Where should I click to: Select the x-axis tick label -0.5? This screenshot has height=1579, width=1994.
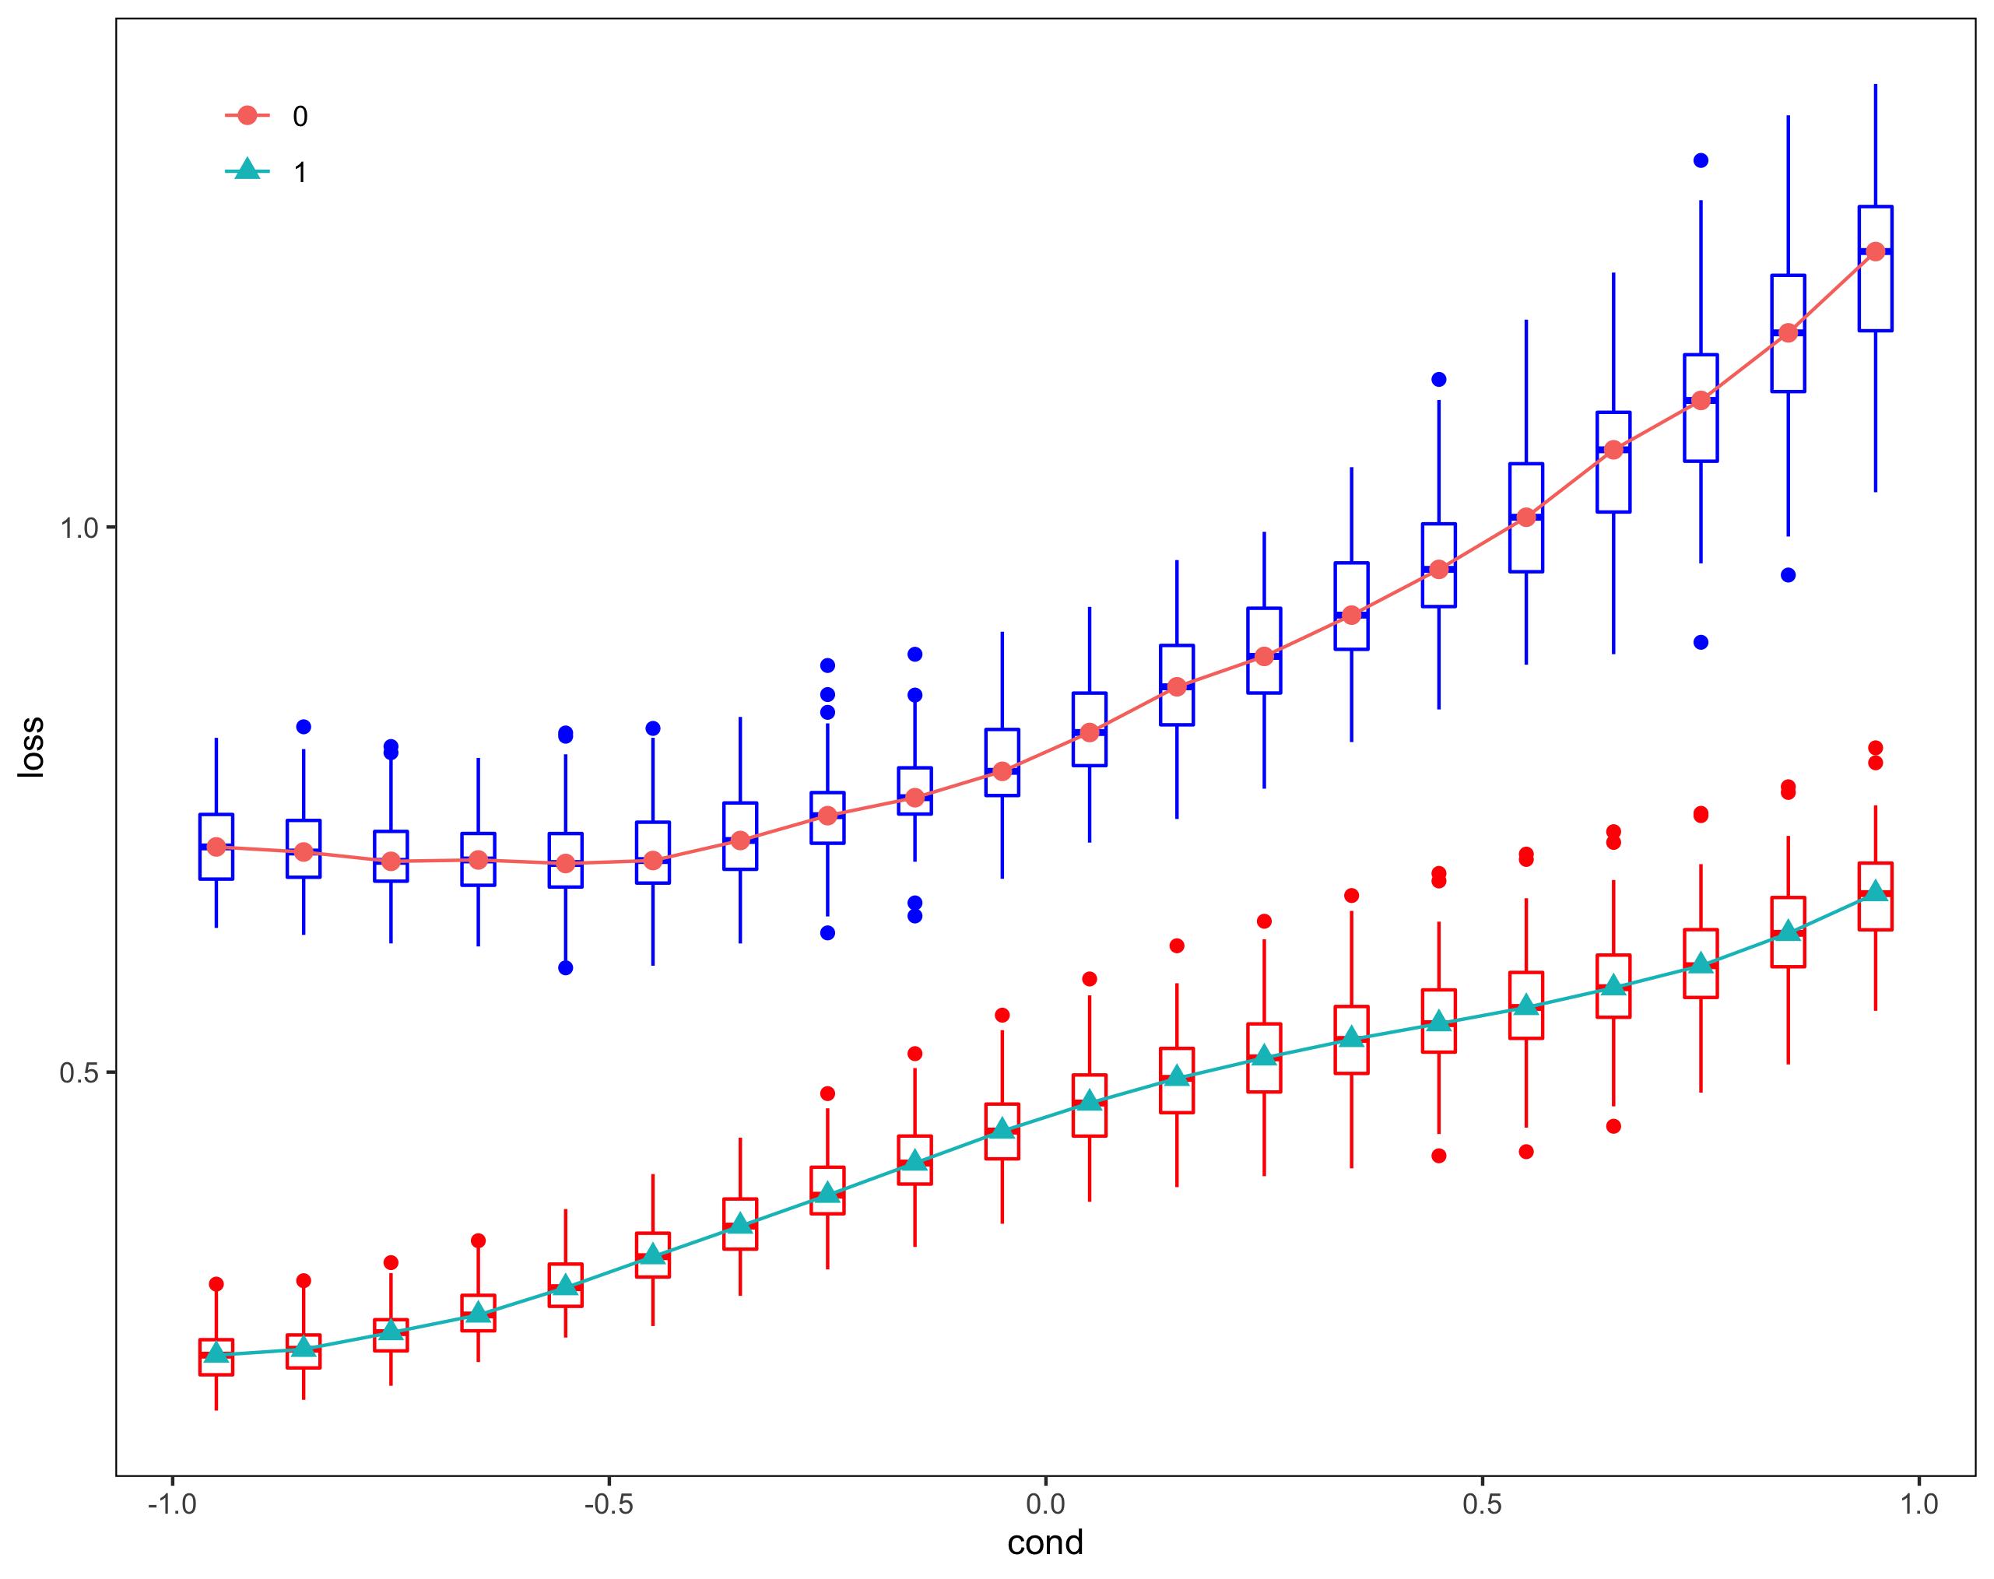pos(609,1504)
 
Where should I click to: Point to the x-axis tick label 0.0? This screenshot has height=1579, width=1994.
pos(1045,1504)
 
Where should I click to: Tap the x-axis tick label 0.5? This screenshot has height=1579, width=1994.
pos(1483,1504)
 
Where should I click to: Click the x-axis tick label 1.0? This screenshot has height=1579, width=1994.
pos(1919,1504)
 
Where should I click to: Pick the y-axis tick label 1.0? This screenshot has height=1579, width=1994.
pos(79,529)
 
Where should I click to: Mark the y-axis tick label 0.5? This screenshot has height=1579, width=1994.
pos(79,1073)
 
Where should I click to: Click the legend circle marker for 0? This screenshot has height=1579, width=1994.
pos(247,115)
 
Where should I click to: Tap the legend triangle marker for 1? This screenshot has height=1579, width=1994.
pos(247,170)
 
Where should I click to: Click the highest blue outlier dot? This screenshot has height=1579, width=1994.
pos(1700,161)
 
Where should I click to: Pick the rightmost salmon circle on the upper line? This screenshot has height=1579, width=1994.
pos(1876,251)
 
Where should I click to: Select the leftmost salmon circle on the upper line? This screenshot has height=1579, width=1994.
pos(216,847)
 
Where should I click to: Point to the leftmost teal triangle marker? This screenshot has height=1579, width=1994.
pos(216,1353)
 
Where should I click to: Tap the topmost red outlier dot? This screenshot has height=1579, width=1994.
pos(1876,748)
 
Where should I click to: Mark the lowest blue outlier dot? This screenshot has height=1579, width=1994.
pos(566,968)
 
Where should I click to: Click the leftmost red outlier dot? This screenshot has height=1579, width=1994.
pos(216,1284)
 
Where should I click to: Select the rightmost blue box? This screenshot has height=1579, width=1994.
pos(1876,268)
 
